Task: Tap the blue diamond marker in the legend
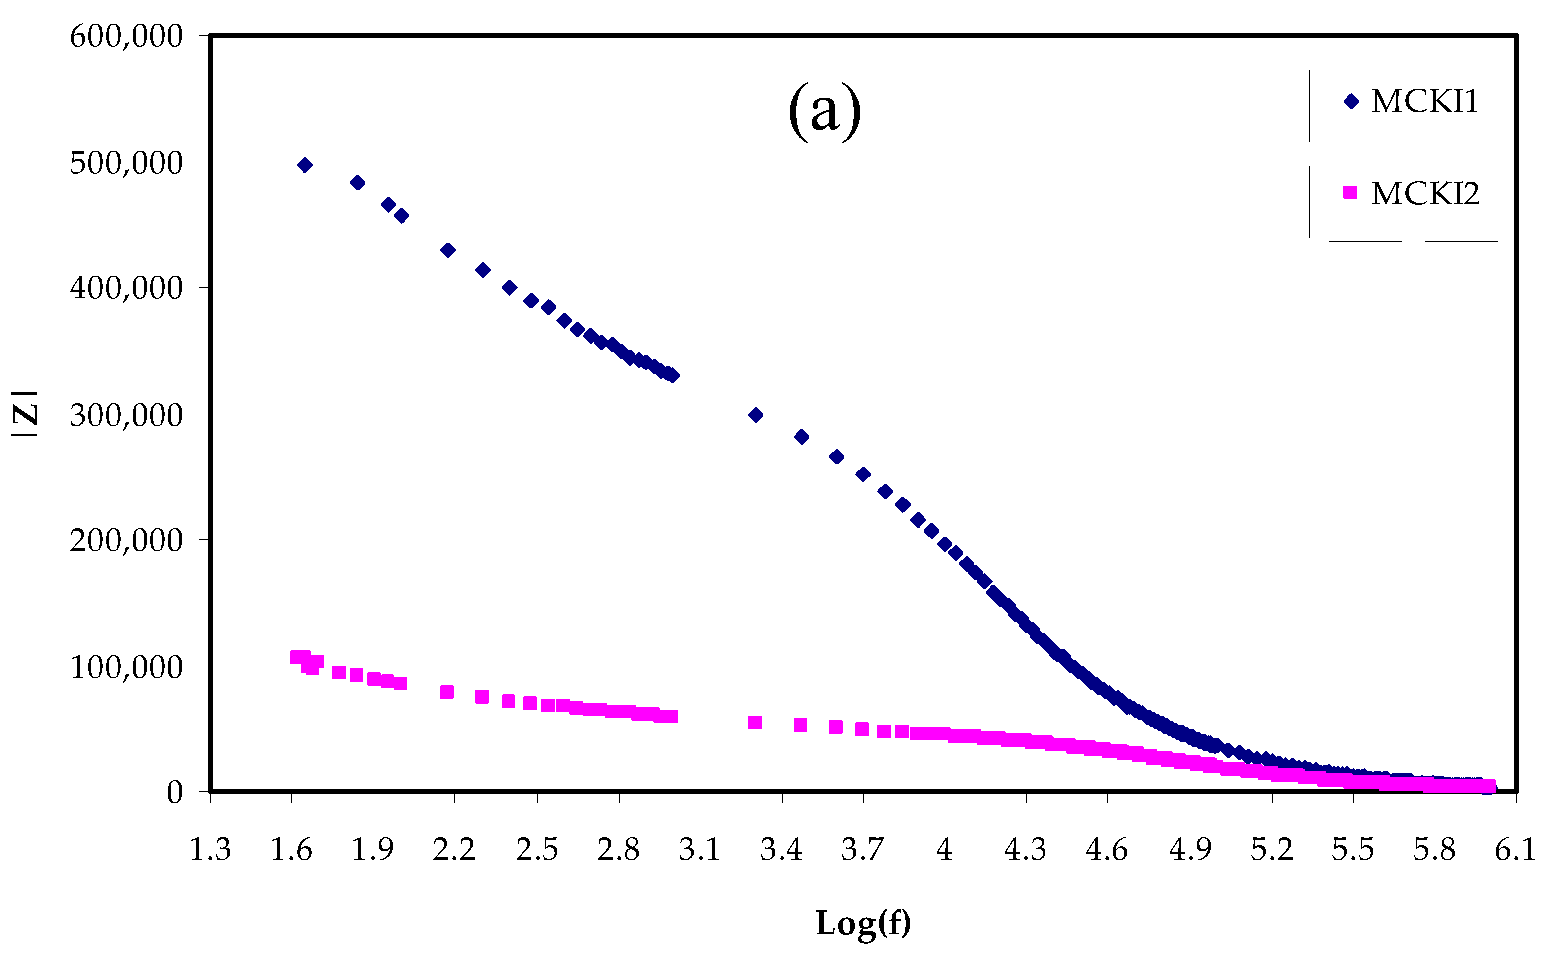click(1351, 101)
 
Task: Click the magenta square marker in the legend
click(1350, 192)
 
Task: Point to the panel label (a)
click(824, 111)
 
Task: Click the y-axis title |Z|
click(25, 414)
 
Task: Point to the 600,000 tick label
click(126, 36)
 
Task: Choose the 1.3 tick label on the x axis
click(210, 850)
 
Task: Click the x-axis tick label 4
click(944, 850)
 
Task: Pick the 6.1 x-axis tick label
click(1515, 850)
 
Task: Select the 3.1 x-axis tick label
click(700, 850)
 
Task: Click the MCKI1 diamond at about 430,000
click(448, 250)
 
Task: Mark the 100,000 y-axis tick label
click(126, 667)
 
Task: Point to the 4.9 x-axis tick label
click(1190, 850)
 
